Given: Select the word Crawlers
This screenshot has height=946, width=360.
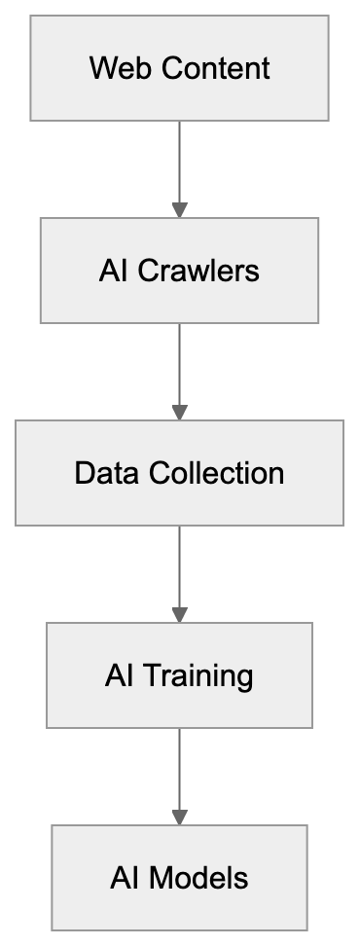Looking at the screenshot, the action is point(198,271).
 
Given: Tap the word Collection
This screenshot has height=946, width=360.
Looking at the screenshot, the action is point(217,473).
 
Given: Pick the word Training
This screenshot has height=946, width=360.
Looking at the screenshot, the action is point(198,675).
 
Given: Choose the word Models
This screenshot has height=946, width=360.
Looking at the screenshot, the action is point(198,878).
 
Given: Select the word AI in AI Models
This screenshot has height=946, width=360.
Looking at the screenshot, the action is point(124,878).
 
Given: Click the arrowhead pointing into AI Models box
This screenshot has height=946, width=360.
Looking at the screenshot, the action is point(179,817).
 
